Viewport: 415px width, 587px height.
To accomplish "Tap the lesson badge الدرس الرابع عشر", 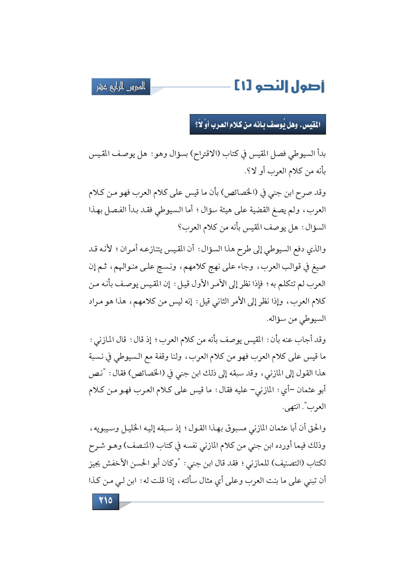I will (x=121, y=87).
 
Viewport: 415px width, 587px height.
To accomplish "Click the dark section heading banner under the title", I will (x=257, y=124).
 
